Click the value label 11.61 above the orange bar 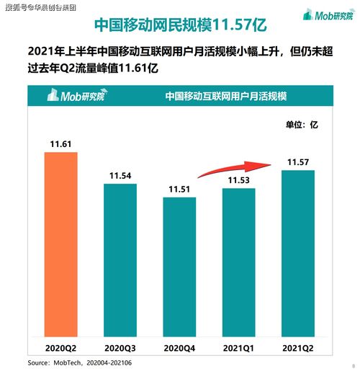click(x=60, y=145)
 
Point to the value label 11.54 click(x=120, y=175)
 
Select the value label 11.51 click(x=180, y=189)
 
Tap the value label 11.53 click(x=239, y=180)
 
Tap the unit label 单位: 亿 click(x=303, y=125)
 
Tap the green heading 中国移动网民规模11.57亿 click(x=181, y=26)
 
